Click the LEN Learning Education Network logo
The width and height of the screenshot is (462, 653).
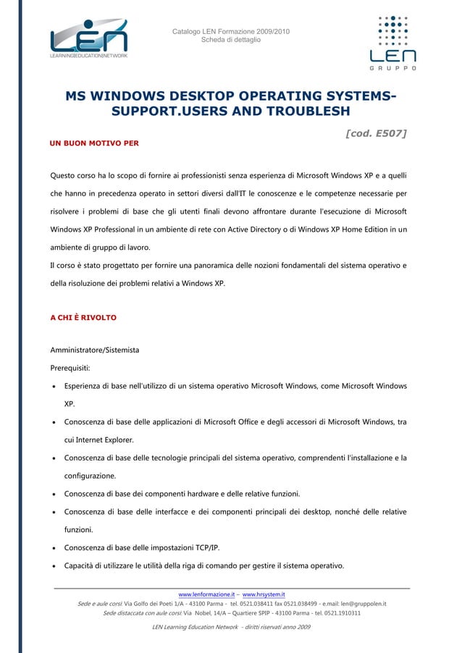pos(88,40)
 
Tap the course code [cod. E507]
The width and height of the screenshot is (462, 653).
pos(376,133)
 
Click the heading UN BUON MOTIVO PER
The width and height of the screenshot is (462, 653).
pos(93,143)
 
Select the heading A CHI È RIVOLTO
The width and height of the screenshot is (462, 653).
pos(83,318)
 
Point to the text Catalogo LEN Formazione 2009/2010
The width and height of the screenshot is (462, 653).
pos(230,31)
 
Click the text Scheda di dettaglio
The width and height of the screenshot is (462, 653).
pos(230,40)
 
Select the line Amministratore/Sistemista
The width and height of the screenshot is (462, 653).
pos(94,350)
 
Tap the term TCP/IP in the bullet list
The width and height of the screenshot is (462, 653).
pos(203,548)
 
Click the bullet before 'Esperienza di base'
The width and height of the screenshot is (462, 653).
pos(54,387)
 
